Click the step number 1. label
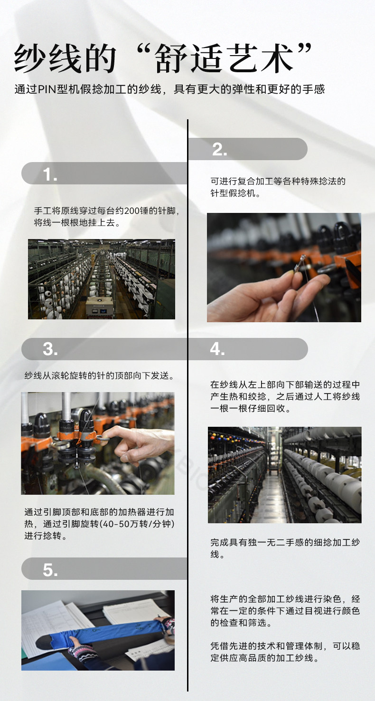(x=50, y=174)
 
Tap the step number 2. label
(x=219, y=150)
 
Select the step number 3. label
(x=50, y=349)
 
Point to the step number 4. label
(x=217, y=349)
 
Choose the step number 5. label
(x=50, y=570)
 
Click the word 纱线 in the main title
(x=47, y=58)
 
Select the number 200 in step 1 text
(x=132, y=211)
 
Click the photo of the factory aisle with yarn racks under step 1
(x=102, y=279)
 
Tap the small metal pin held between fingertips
(x=300, y=262)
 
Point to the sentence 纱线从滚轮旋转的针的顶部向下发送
(x=100, y=375)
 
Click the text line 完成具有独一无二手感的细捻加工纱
(x=285, y=542)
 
